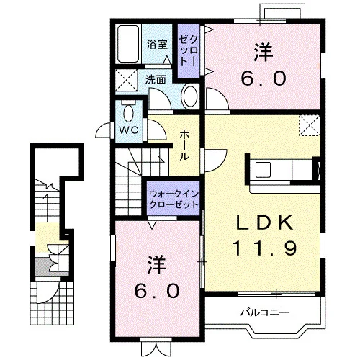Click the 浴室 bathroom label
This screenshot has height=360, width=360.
157,45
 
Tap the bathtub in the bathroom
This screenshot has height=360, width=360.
128,44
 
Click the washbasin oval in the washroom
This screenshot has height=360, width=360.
191,96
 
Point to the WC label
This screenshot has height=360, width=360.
129,130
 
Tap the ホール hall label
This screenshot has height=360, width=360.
184,145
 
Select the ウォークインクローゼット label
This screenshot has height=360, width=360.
174,199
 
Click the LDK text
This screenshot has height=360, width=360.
265,222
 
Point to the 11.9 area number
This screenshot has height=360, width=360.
265,248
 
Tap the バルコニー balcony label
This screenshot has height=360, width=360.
265,312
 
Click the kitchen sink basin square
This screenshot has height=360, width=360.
263,170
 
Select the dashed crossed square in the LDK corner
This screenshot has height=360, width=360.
310,125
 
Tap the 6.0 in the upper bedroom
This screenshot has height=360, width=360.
264,78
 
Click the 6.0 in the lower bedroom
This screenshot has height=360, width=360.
157,291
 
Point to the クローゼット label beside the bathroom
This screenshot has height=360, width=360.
189,50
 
